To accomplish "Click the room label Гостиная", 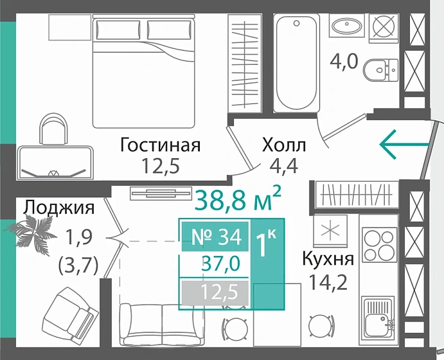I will pyautogui.click(x=161, y=145).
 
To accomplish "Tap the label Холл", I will pyautogui.click(x=284, y=145).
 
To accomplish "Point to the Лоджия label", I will pyautogui.click(x=59, y=207).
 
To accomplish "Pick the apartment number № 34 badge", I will pyautogui.click(x=217, y=237).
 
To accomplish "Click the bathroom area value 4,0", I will pyautogui.click(x=344, y=63).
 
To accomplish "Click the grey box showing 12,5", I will pyautogui.click(x=217, y=293).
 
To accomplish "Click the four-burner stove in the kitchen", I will pyautogui.click(x=378, y=244).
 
